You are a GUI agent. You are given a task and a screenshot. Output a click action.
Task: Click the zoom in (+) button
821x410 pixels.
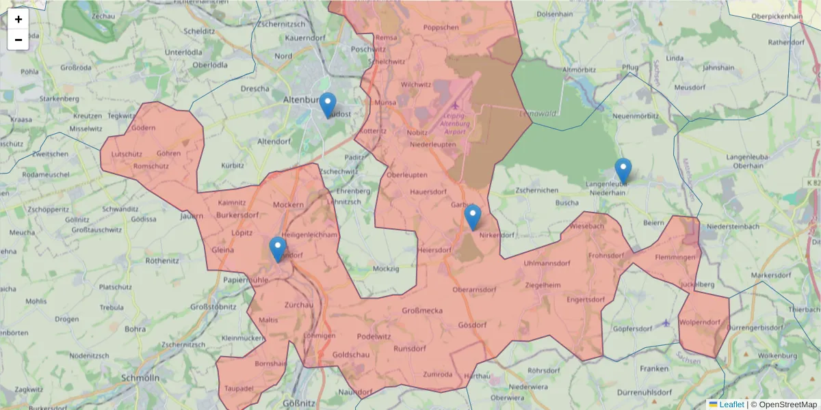pyautogui.click(x=18, y=19)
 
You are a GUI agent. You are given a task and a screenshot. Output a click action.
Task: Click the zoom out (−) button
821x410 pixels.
pyautogui.click(x=18, y=40)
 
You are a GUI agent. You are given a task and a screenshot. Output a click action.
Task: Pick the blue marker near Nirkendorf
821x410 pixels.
pyautogui.click(x=472, y=217)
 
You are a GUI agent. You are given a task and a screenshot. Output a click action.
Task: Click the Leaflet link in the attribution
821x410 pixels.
pyautogui.click(x=731, y=405)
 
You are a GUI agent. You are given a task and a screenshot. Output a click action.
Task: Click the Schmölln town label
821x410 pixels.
pyautogui.click(x=140, y=378)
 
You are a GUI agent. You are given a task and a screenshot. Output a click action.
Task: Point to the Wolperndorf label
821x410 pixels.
pyautogui.click(x=701, y=322)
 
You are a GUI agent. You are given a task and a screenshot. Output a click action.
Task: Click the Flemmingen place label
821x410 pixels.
pyautogui.click(x=675, y=258)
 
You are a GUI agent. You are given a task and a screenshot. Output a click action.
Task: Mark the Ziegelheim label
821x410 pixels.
pyautogui.click(x=543, y=284)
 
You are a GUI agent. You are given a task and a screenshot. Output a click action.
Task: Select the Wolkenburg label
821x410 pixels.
pyautogui.click(x=777, y=356)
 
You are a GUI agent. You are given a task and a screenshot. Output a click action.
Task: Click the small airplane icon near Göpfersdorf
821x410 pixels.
pyautogui.click(x=667, y=323)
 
